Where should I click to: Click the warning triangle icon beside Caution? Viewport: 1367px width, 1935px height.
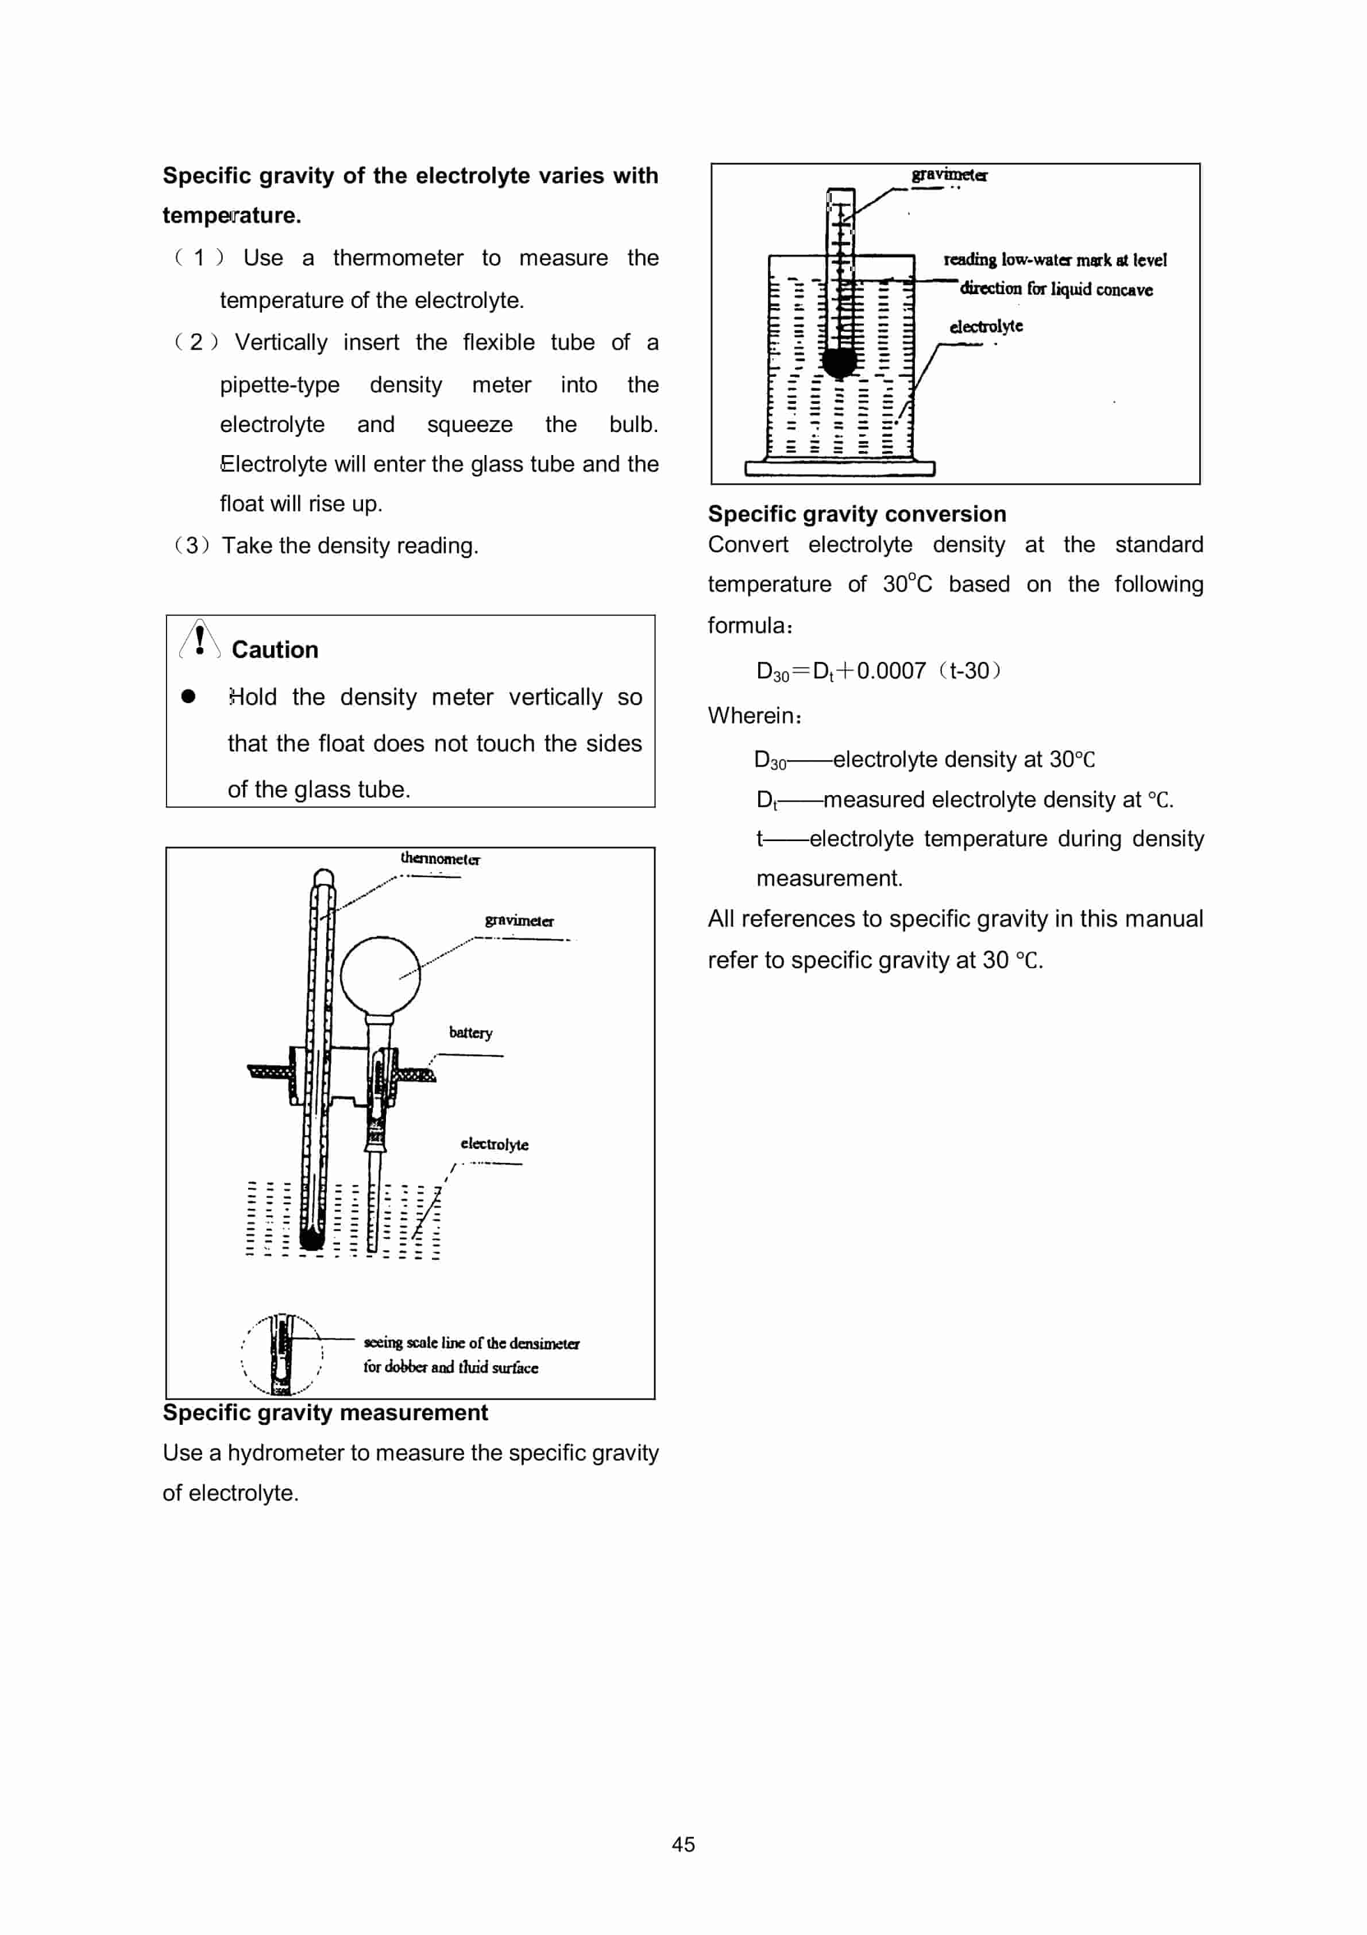199,641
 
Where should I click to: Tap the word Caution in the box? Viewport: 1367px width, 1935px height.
275,650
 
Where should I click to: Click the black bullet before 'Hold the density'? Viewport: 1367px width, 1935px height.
188,696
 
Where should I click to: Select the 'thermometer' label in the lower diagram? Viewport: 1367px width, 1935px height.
440,859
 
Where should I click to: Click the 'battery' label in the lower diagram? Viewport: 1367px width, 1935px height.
470,1032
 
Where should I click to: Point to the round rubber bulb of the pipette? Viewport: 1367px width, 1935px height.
380,974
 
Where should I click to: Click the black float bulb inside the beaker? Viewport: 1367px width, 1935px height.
839,361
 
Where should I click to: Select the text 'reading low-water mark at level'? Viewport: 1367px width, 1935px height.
1055,260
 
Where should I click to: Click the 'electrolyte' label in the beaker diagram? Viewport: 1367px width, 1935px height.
986,326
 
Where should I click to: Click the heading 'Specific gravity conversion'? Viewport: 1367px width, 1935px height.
856,514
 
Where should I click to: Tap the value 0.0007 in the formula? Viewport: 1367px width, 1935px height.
891,671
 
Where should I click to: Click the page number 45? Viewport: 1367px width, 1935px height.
683,1844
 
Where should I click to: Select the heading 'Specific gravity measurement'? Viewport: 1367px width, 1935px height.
325,1413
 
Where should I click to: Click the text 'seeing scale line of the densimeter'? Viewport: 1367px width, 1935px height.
471,1343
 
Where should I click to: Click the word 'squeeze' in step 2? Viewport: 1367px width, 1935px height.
469,424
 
